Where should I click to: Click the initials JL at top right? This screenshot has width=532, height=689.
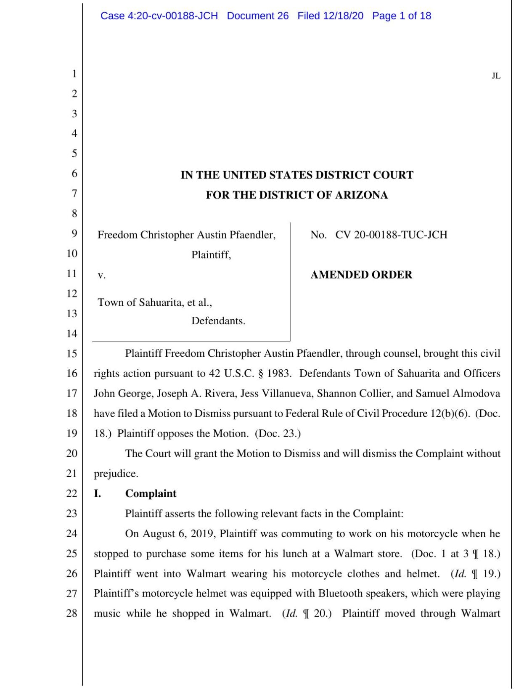[496, 76]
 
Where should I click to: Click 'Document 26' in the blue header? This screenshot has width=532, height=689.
[257, 16]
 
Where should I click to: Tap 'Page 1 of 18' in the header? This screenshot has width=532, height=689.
[401, 16]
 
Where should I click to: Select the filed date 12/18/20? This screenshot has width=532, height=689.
[343, 16]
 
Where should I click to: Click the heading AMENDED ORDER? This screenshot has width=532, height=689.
[361, 275]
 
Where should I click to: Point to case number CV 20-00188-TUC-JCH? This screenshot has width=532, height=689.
[391, 235]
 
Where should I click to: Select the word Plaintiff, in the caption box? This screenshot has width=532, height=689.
[211, 255]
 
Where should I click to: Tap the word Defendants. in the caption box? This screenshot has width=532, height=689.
[218, 321]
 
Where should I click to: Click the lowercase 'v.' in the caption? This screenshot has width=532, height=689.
[101, 276]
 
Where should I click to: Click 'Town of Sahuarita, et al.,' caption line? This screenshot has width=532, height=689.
[155, 302]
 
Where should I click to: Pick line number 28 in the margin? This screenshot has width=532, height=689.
[72, 613]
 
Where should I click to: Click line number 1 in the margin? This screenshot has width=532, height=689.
[74, 74]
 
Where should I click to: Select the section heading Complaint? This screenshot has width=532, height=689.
[151, 493]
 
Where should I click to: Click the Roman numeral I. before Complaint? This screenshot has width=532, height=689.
[97, 493]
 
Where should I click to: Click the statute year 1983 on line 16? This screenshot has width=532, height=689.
[278, 374]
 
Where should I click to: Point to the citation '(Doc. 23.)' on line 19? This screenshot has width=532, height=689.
[278, 434]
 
